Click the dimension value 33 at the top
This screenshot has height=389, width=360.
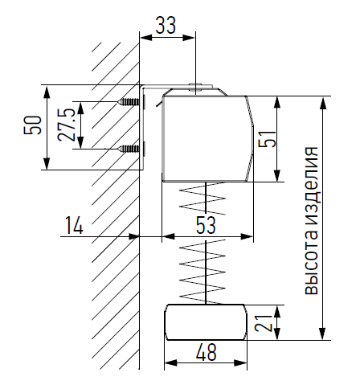(166, 25)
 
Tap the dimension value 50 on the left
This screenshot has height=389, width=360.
(33, 125)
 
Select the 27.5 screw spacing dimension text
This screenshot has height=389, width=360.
(66, 125)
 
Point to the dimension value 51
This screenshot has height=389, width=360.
(267, 138)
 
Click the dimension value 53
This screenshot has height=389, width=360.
(206, 225)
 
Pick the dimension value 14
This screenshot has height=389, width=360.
(74, 225)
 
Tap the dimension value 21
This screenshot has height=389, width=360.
(264, 323)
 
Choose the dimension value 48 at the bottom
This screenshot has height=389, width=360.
(206, 352)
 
